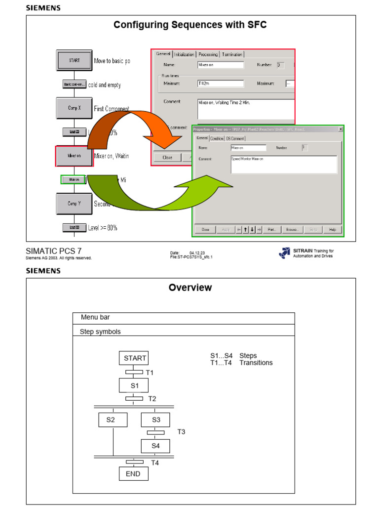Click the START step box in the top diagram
pyautogui.click(x=74, y=60)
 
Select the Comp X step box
pyautogui.click(x=74, y=108)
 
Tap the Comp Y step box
pyautogui.click(x=74, y=203)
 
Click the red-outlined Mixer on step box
pyautogui.click(x=74, y=156)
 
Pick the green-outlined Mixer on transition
pyautogui.click(x=74, y=180)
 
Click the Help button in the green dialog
pyautogui.click(x=332, y=229)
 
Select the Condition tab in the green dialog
pyautogui.click(x=217, y=138)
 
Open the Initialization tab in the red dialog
pyautogui.click(x=184, y=54)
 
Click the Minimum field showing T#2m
pyautogui.click(x=220, y=84)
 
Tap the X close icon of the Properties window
pyautogui.click(x=341, y=129)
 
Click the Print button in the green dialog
pyautogui.click(x=271, y=229)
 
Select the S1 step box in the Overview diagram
pyautogui.click(x=134, y=385)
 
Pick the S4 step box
pyautogui.click(x=155, y=446)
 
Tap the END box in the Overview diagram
pyautogui.click(x=133, y=474)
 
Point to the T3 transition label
pyautogui.click(x=181, y=432)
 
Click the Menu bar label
pyautogui.click(x=95, y=317)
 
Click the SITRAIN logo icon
pyautogui.click(x=284, y=253)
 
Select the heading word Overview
pyautogui.click(x=190, y=288)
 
